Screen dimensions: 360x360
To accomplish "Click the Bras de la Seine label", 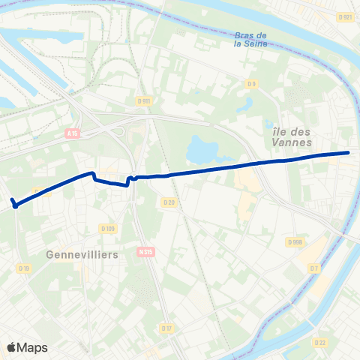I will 250,39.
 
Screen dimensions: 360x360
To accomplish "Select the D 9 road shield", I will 252,83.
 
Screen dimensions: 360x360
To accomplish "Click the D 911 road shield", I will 145,100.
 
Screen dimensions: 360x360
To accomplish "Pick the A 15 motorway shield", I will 73,133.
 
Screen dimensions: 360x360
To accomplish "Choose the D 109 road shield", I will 107,229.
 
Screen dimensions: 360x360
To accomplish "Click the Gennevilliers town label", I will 82,255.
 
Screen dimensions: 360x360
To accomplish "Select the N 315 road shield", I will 145,253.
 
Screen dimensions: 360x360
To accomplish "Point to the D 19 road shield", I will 25,268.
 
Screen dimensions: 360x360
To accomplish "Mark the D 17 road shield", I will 166,328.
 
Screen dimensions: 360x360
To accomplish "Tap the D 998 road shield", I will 295,242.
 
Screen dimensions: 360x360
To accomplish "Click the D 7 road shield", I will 313,268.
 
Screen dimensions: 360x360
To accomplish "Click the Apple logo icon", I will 11,347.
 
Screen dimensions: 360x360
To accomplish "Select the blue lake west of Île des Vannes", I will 200,149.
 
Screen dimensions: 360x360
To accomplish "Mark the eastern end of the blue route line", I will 349,153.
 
